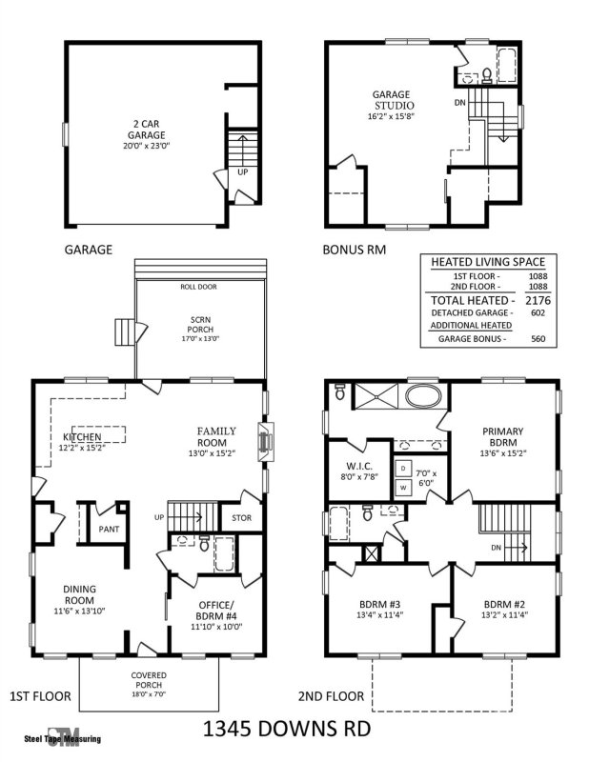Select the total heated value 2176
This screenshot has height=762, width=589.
click(537, 299)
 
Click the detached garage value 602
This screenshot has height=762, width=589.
click(537, 312)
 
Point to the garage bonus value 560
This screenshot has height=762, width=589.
click(537, 338)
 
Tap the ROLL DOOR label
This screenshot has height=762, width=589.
click(199, 286)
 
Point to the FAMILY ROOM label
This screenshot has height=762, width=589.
click(216, 436)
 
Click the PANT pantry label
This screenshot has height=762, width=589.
click(105, 526)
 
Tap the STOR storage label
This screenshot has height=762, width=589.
click(241, 518)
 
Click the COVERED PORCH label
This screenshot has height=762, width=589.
click(148, 680)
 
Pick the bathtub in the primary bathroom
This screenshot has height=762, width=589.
click(422, 395)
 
